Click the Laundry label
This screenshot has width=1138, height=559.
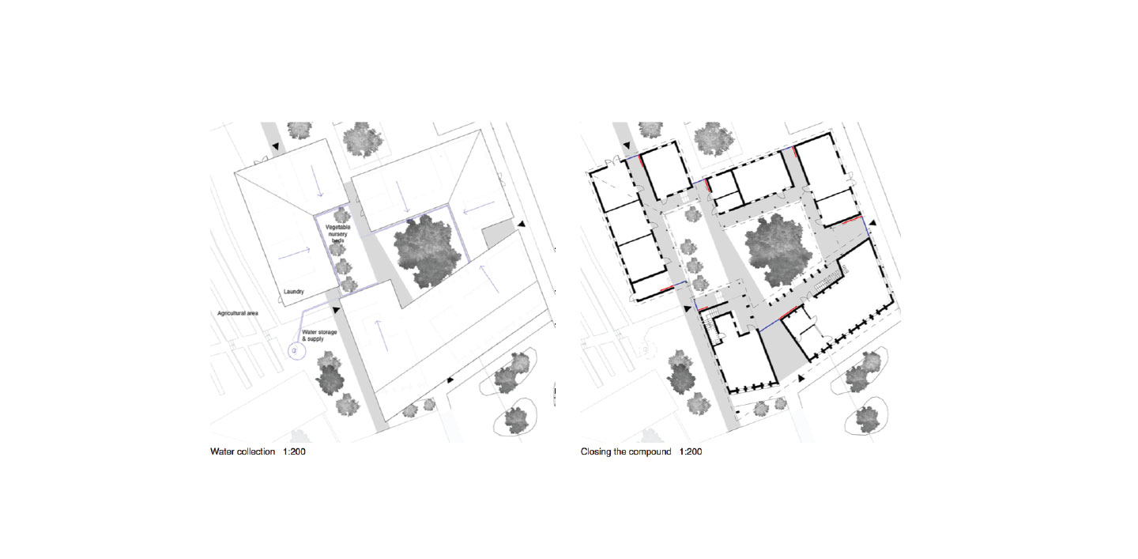click(294, 292)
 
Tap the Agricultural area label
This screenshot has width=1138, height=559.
click(238, 314)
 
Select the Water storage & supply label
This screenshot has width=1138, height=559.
click(319, 335)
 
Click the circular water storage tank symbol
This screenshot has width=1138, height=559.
click(295, 349)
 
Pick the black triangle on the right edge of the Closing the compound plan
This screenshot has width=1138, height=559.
click(872, 225)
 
